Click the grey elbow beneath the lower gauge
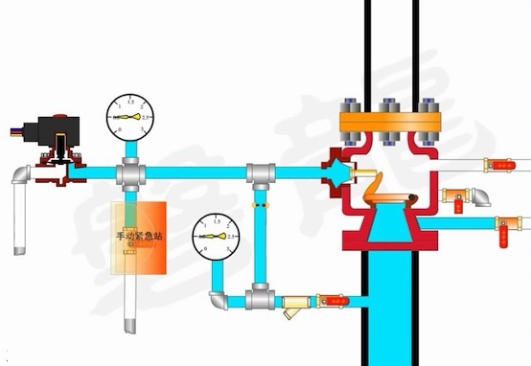coord(219,300)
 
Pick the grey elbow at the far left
coord(22,174)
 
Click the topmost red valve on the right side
coord(497,165)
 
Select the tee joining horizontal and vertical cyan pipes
coord(258,174)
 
